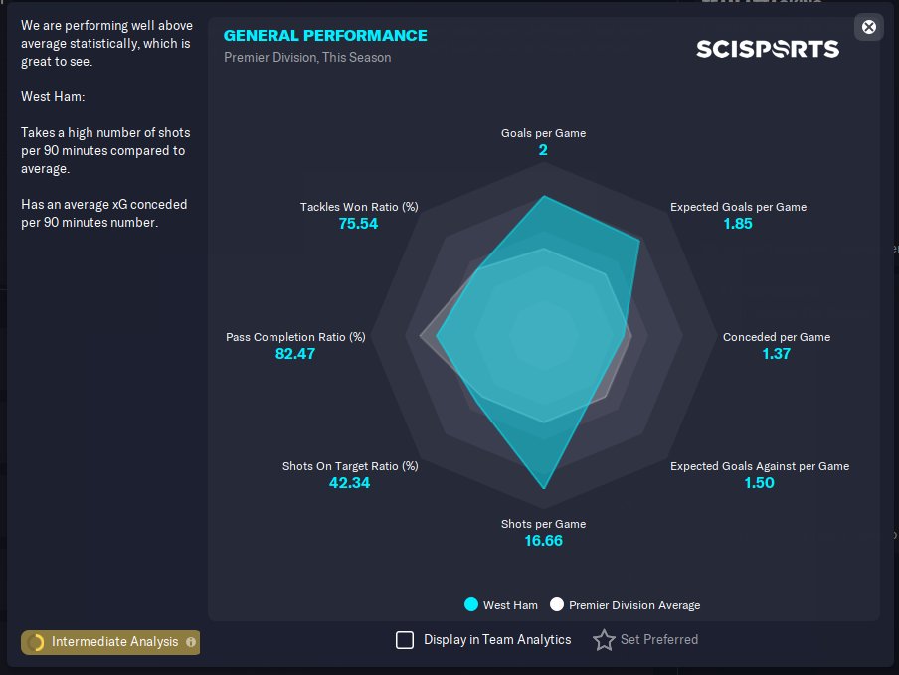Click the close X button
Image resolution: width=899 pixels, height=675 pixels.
click(x=869, y=27)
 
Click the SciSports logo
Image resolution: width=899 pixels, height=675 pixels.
click(x=767, y=49)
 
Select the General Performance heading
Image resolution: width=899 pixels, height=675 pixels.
click(x=325, y=36)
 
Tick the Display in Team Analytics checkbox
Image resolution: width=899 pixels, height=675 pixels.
click(x=405, y=640)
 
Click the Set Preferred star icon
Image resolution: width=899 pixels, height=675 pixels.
click(x=604, y=640)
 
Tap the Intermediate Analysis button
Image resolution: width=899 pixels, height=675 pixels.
click(x=110, y=642)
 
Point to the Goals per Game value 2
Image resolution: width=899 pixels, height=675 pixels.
click(x=543, y=150)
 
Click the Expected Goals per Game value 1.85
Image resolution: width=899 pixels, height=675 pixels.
click(x=738, y=224)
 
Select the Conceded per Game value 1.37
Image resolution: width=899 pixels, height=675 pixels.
click(x=776, y=353)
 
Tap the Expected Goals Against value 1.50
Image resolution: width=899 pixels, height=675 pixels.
click(x=759, y=483)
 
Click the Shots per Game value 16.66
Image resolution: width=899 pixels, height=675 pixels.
click(x=543, y=541)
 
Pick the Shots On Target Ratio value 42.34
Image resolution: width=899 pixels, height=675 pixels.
click(x=349, y=483)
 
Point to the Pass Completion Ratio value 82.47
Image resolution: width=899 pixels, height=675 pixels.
click(x=295, y=353)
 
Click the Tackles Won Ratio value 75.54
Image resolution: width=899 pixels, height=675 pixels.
click(x=358, y=224)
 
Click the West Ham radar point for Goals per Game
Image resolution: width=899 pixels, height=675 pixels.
click(x=544, y=197)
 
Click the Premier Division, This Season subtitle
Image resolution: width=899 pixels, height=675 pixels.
click(x=307, y=58)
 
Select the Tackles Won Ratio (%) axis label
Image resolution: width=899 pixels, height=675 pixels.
click(x=359, y=207)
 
